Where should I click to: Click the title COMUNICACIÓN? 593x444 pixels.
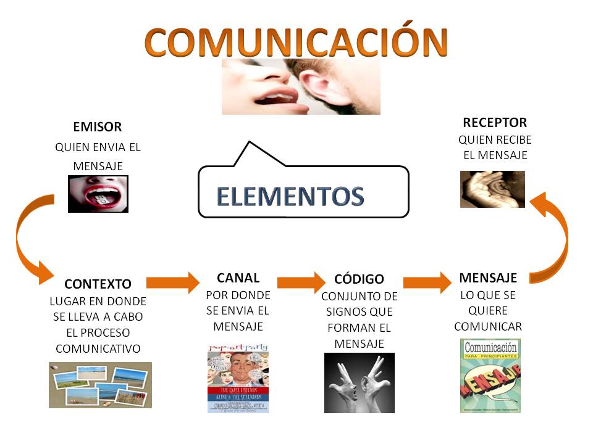pyautogui.click(x=296, y=42)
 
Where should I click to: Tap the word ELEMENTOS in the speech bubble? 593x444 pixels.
pyautogui.click(x=290, y=196)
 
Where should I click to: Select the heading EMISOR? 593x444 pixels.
pyautogui.click(x=98, y=128)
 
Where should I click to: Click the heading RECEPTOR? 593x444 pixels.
pyautogui.click(x=495, y=122)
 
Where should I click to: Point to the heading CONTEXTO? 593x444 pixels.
pyautogui.click(x=98, y=284)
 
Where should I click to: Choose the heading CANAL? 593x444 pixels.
pyautogui.click(x=238, y=277)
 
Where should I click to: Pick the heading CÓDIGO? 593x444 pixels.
pyautogui.click(x=359, y=279)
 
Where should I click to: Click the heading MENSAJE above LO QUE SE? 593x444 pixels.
pyautogui.click(x=488, y=277)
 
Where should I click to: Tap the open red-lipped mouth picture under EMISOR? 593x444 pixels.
pyautogui.click(x=98, y=194)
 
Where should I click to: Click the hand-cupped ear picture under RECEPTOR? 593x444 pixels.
pyautogui.click(x=492, y=189)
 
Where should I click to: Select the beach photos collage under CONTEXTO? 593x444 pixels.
pyautogui.click(x=100, y=385)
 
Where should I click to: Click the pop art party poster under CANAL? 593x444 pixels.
pyautogui.click(x=238, y=378)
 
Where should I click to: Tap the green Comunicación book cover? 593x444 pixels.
pyautogui.click(x=490, y=376)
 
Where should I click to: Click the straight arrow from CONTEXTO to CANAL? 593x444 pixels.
pyautogui.click(x=170, y=282)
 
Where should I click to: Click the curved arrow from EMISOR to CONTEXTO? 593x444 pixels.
pyautogui.click(x=28, y=240)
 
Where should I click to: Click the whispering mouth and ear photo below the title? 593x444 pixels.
pyautogui.click(x=301, y=86)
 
